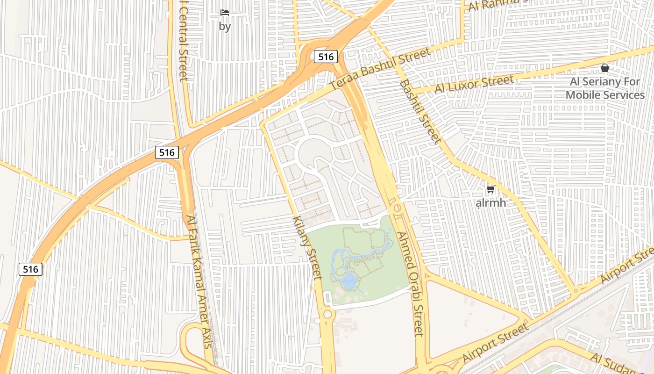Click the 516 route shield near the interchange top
(x=326, y=57)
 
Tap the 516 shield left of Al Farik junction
(x=167, y=152)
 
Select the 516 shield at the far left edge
(x=30, y=269)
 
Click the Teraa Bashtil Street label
(x=379, y=70)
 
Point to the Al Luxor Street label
(x=474, y=84)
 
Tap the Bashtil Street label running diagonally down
(x=420, y=111)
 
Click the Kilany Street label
(x=307, y=248)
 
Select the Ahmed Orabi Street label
(x=411, y=283)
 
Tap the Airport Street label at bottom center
(x=495, y=343)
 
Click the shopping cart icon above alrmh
(x=490, y=190)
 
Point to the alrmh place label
(x=490, y=203)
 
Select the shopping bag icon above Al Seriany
(x=604, y=68)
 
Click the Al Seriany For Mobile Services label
(x=605, y=88)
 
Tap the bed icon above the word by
(x=225, y=13)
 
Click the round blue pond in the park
(x=349, y=280)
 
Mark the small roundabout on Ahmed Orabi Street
(x=398, y=207)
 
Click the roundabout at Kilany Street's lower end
(x=327, y=314)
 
